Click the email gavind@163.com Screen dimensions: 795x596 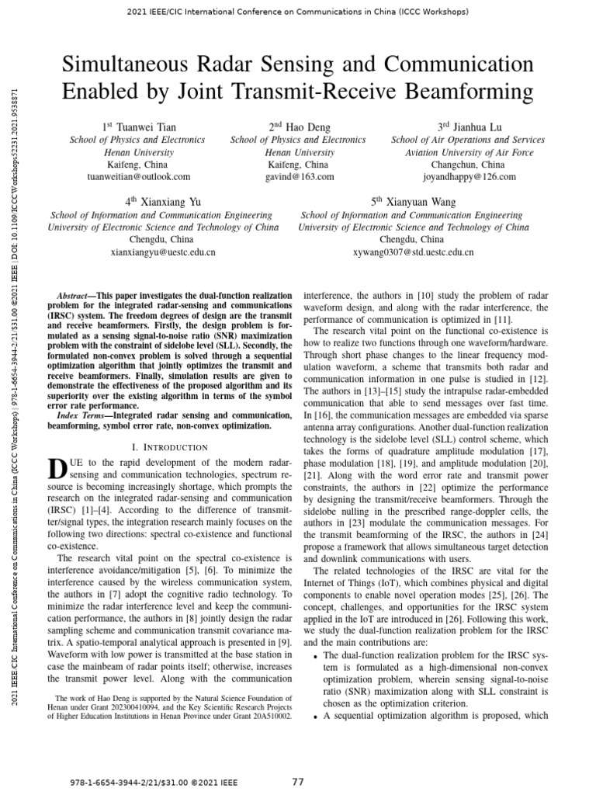click(298, 177)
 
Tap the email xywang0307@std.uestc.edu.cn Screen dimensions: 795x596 click(413, 252)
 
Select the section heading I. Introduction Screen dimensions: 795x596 click(170, 447)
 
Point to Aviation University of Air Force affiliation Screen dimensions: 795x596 click(470, 152)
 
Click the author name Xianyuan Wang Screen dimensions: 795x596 click(423, 202)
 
